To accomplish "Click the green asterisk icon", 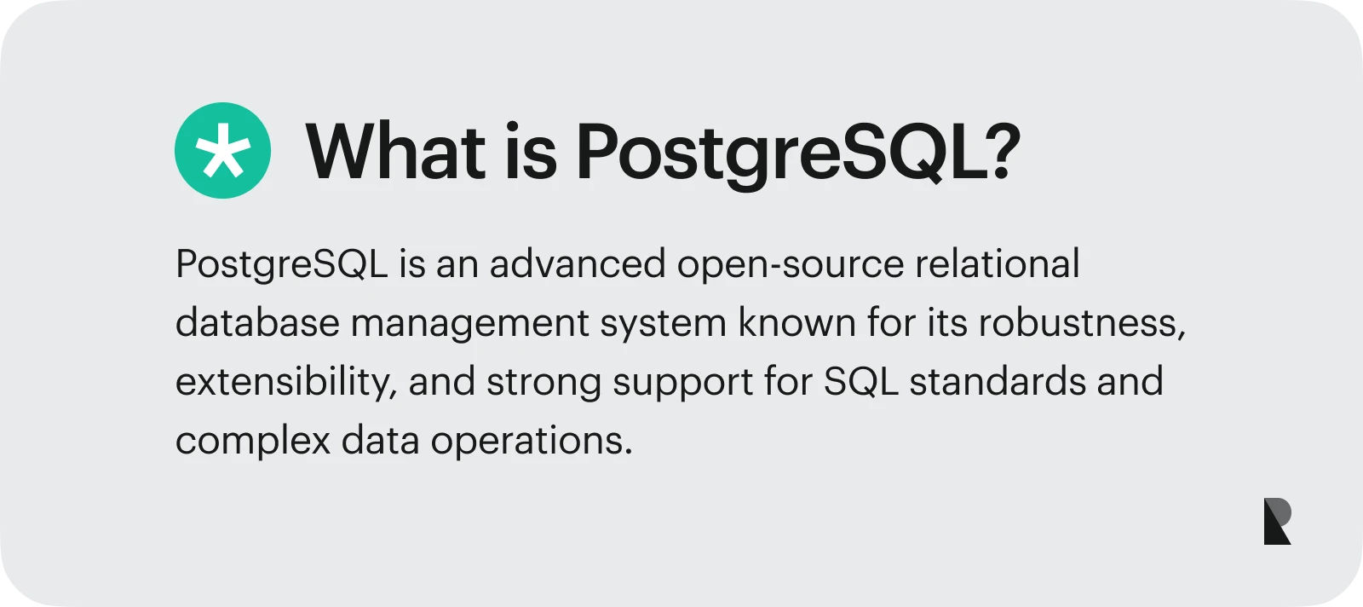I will point(222,151).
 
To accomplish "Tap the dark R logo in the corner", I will point(1277,521).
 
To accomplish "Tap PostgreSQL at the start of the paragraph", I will point(281,265).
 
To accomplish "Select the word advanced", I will point(577,263).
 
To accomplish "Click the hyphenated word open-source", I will point(790,265).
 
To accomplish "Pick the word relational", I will point(997,263).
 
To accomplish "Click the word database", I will point(257,322).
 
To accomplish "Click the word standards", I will point(997,381).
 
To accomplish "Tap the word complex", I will point(252,442).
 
